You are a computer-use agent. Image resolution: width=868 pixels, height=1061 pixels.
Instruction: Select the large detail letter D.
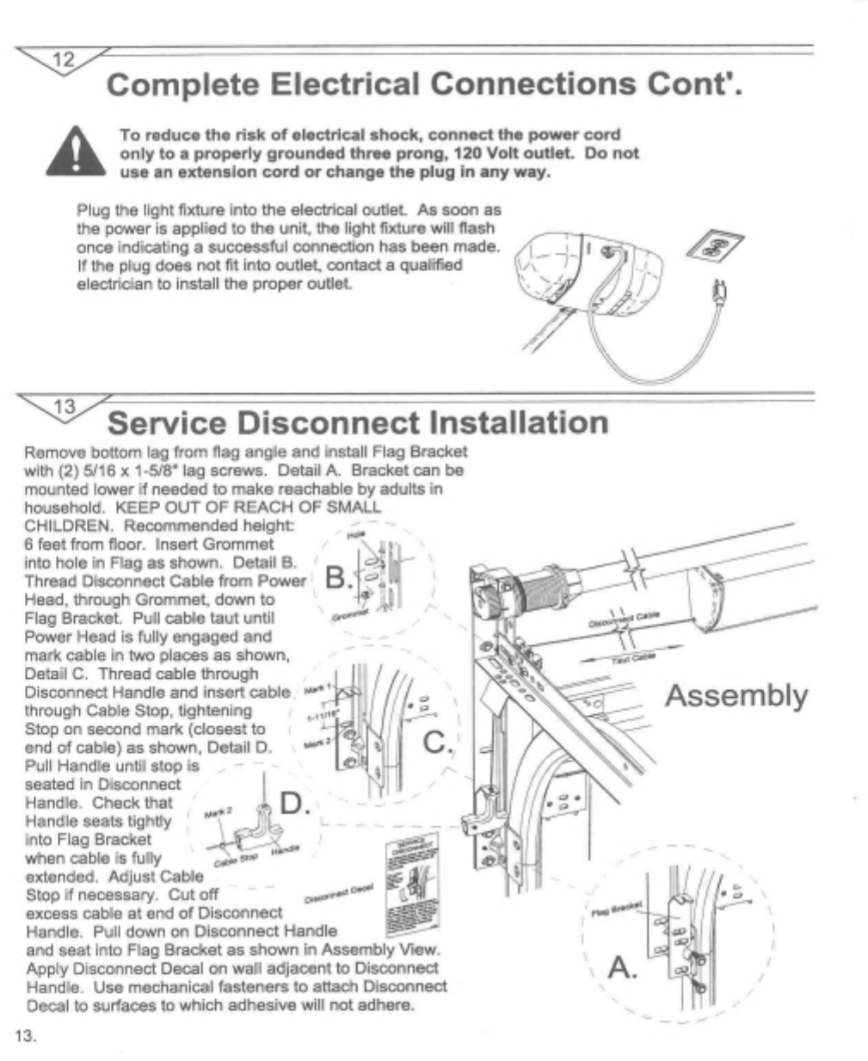(x=292, y=805)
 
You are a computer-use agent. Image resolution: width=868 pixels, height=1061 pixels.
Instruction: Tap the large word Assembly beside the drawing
(x=736, y=695)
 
